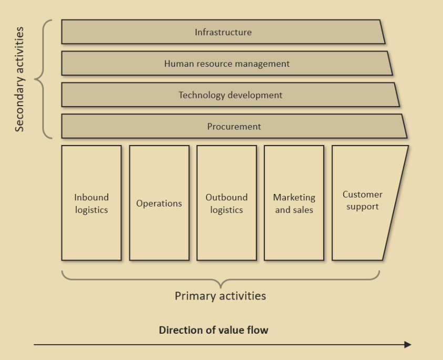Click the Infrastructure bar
tap(223, 32)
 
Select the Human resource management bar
tap(226, 64)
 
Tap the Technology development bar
tap(230, 95)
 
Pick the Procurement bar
tap(234, 127)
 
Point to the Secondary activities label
tap(19, 79)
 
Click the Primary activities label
tap(220, 296)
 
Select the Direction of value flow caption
tap(213, 331)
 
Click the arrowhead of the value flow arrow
tap(408, 345)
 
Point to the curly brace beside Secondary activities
tap(42, 79)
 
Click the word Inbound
tap(91, 198)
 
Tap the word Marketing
tap(294, 198)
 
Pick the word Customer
tap(363, 194)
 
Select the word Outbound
tap(226, 198)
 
